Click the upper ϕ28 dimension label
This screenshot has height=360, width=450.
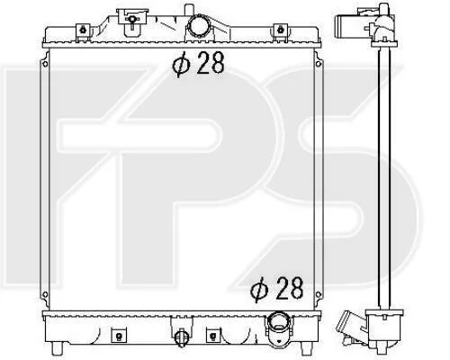[198, 64]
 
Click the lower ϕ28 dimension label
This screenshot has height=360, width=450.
[277, 289]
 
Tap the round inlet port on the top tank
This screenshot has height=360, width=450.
[197, 27]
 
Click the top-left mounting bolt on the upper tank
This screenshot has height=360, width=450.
[83, 30]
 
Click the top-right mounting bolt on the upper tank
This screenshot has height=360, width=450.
[281, 30]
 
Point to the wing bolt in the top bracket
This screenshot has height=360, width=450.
[131, 20]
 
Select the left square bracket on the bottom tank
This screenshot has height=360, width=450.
[119, 335]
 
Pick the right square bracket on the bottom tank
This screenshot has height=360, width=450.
[213, 335]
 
